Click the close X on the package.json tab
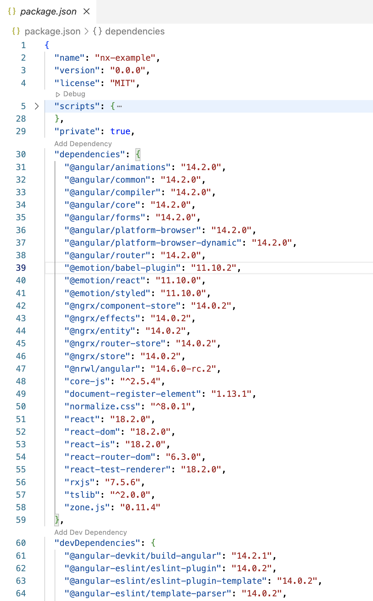point(87,12)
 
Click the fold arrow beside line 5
point(37,106)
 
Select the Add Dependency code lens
point(83,144)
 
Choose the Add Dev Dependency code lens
point(90,532)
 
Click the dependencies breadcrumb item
point(135,31)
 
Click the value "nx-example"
point(125,58)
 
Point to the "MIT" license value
point(122,83)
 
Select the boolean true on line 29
point(120,131)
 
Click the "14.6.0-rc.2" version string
point(185,369)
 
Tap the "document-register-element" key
point(133,394)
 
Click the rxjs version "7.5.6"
point(122,482)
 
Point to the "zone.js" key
point(87,507)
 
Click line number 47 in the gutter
point(21,369)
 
